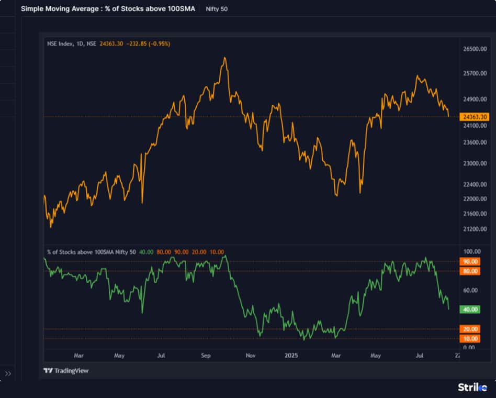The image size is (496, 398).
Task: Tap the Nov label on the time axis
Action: (x=250, y=356)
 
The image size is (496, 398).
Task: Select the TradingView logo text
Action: (x=66, y=371)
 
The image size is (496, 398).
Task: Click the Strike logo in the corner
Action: (x=472, y=387)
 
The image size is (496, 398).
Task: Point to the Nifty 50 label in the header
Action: (x=217, y=9)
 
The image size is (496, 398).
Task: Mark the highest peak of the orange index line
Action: (x=224, y=58)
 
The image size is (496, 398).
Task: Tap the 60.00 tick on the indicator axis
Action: (x=471, y=290)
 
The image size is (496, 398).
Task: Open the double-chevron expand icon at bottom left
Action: (x=8, y=373)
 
